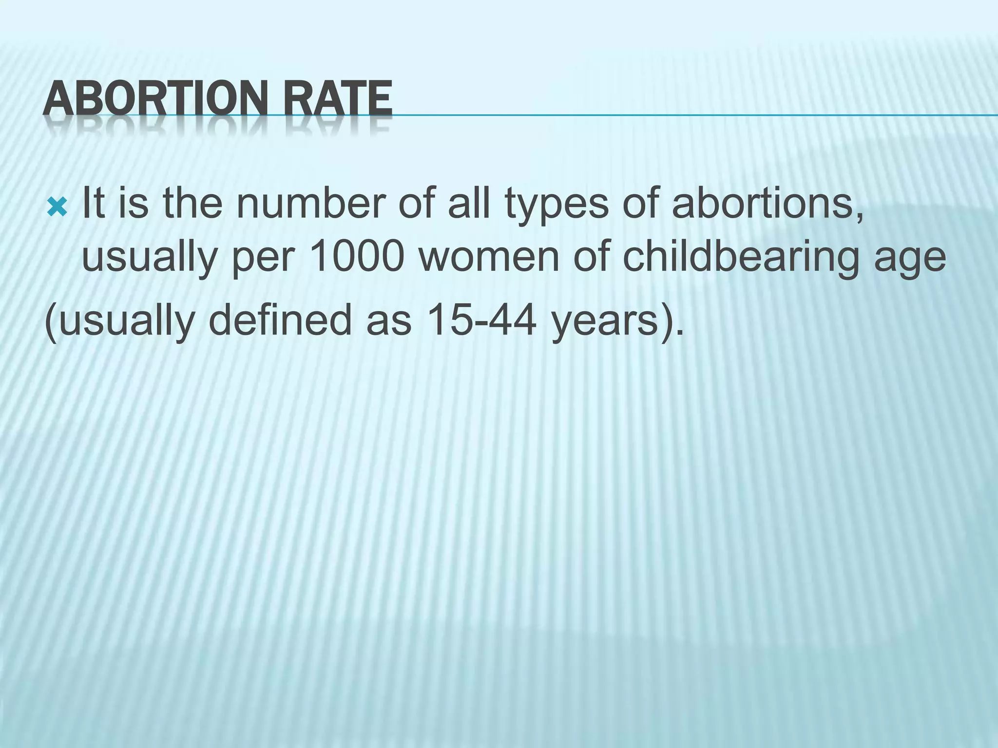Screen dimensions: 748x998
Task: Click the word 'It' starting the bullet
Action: click(x=92, y=203)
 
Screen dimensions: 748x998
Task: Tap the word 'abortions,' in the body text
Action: click(x=768, y=203)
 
